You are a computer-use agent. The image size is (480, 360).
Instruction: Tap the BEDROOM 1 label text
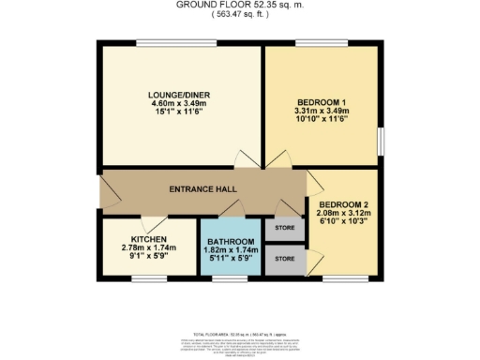click(323, 101)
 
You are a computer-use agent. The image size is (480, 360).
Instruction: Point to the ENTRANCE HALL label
click(200, 189)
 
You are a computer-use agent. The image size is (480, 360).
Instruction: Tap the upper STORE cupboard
click(284, 227)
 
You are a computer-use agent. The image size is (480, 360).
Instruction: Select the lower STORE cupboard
click(284, 259)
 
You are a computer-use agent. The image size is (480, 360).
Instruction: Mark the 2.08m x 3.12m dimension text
click(343, 215)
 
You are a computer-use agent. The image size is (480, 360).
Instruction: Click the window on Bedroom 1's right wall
click(381, 141)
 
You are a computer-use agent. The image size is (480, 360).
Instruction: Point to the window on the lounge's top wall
click(162, 42)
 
